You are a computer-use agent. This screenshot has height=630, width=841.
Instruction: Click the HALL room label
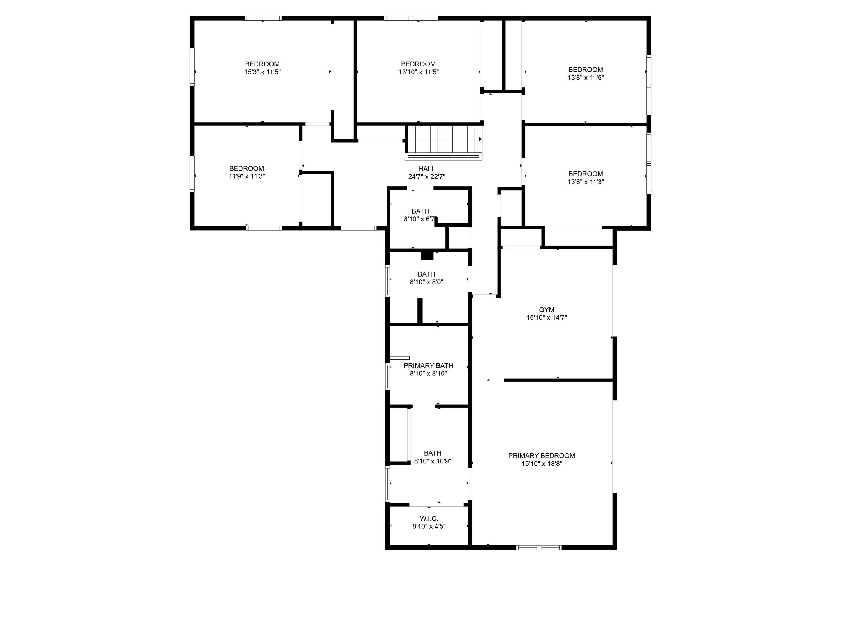[x=427, y=169]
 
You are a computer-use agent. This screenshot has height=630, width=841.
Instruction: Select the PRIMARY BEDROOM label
[x=541, y=456]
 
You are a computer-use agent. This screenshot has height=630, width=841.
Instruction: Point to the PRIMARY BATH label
[x=428, y=366]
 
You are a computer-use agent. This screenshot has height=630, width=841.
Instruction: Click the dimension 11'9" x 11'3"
[x=247, y=176]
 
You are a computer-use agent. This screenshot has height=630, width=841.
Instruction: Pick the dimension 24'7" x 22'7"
[x=427, y=177]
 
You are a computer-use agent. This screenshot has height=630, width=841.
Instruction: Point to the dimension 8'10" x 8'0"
[x=426, y=282]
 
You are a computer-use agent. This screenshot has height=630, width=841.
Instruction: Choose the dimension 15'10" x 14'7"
[x=546, y=318]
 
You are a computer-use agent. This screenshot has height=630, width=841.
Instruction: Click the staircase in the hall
[x=444, y=143]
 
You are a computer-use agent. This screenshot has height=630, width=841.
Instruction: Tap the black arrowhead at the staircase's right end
[x=480, y=139]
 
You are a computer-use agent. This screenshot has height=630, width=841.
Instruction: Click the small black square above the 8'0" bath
[x=427, y=256]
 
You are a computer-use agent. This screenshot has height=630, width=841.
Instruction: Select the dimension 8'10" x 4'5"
[x=429, y=526]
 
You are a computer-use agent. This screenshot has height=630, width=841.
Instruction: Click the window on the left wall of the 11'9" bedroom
[x=192, y=174]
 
